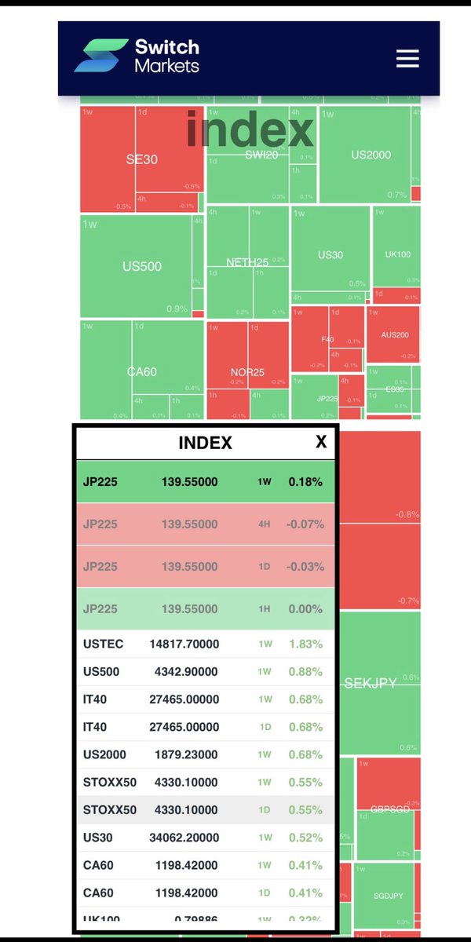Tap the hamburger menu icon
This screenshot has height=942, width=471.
[407, 59]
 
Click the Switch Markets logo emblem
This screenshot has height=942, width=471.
[100, 56]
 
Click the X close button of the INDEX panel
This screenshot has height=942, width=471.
[320, 442]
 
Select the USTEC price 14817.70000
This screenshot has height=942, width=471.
[184, 644]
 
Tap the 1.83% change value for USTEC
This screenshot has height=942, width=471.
[305, 644]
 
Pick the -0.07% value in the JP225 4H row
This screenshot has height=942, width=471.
[305, 524]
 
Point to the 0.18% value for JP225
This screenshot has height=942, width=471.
[305, 482]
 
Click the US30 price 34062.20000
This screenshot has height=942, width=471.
[184, 837]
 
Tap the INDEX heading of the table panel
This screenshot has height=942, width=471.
[206, 443]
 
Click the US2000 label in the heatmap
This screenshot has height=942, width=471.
[371, 155]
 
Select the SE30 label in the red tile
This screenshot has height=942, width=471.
[142, 159]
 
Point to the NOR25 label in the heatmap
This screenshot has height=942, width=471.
[247, 371]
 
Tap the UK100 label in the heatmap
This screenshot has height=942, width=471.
[397, 255]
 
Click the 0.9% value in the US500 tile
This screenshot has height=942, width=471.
[177, 309]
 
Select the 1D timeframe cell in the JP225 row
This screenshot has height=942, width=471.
[265, 567]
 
